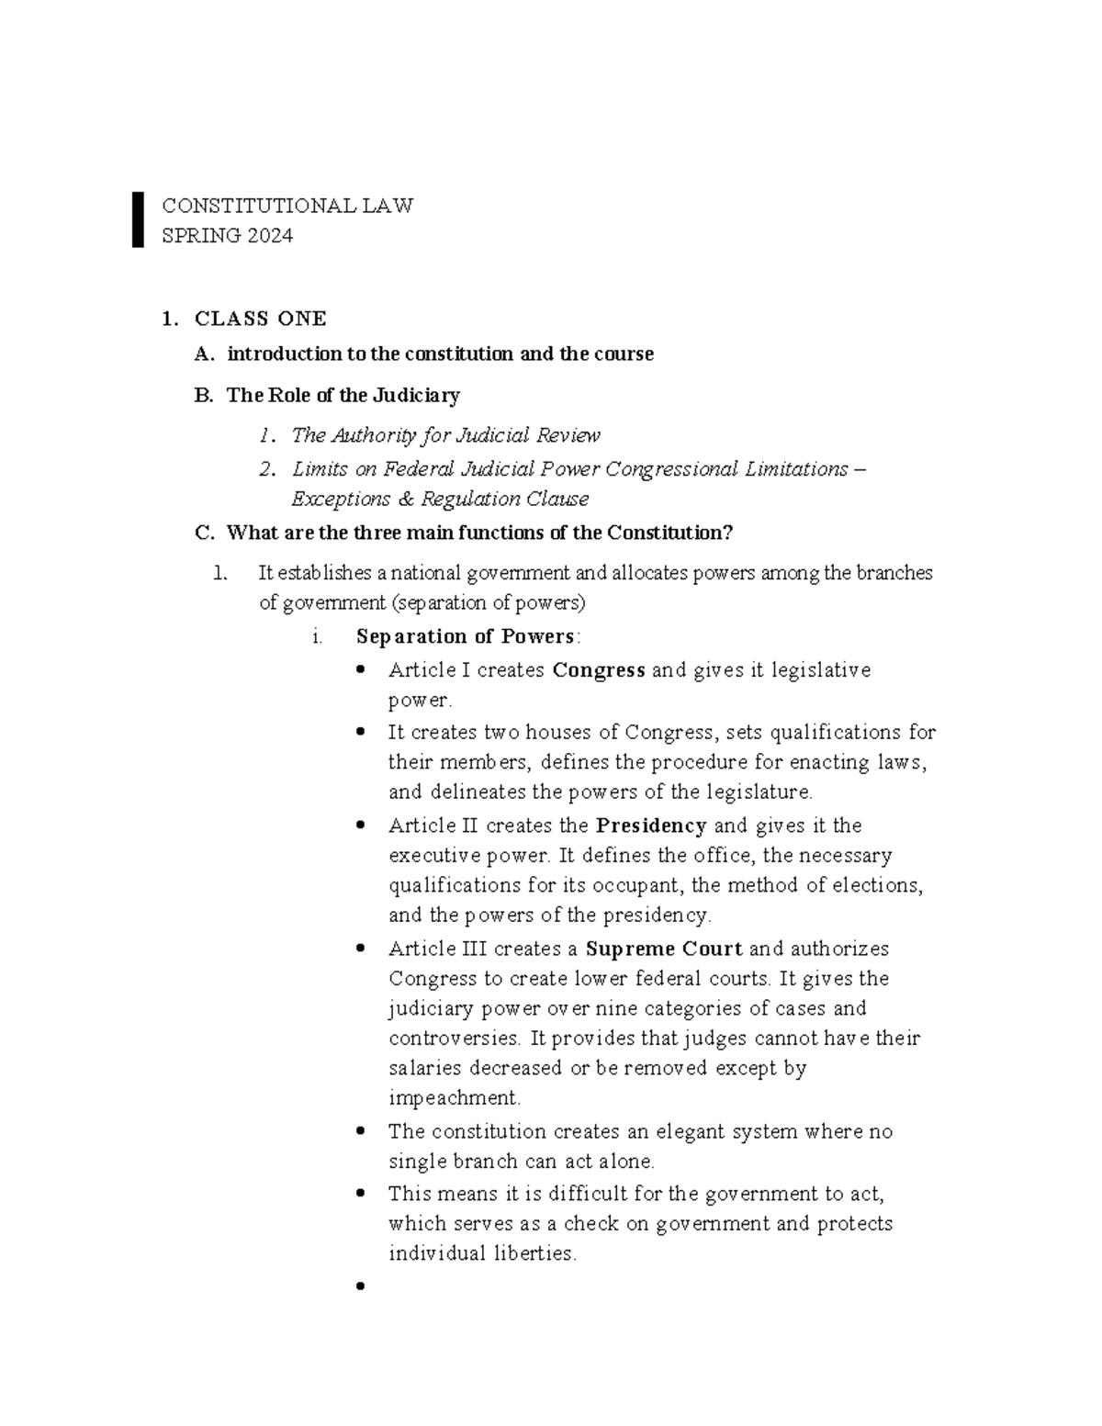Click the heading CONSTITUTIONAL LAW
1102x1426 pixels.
(287, 206)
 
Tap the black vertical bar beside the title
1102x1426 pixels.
(138, 219)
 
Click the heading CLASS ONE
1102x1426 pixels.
(260, 319)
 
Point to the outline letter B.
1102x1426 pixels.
(203, 396)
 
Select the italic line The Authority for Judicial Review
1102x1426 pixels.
(445, 435)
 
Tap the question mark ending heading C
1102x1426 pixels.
(728, 533)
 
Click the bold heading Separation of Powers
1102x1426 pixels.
(467, 637)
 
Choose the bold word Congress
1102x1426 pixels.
(599, 670)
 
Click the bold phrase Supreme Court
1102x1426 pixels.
(664, 949)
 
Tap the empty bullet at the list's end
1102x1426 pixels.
(360, 1286)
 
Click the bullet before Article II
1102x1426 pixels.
(360, 825)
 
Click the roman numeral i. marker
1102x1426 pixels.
(317, 637)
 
